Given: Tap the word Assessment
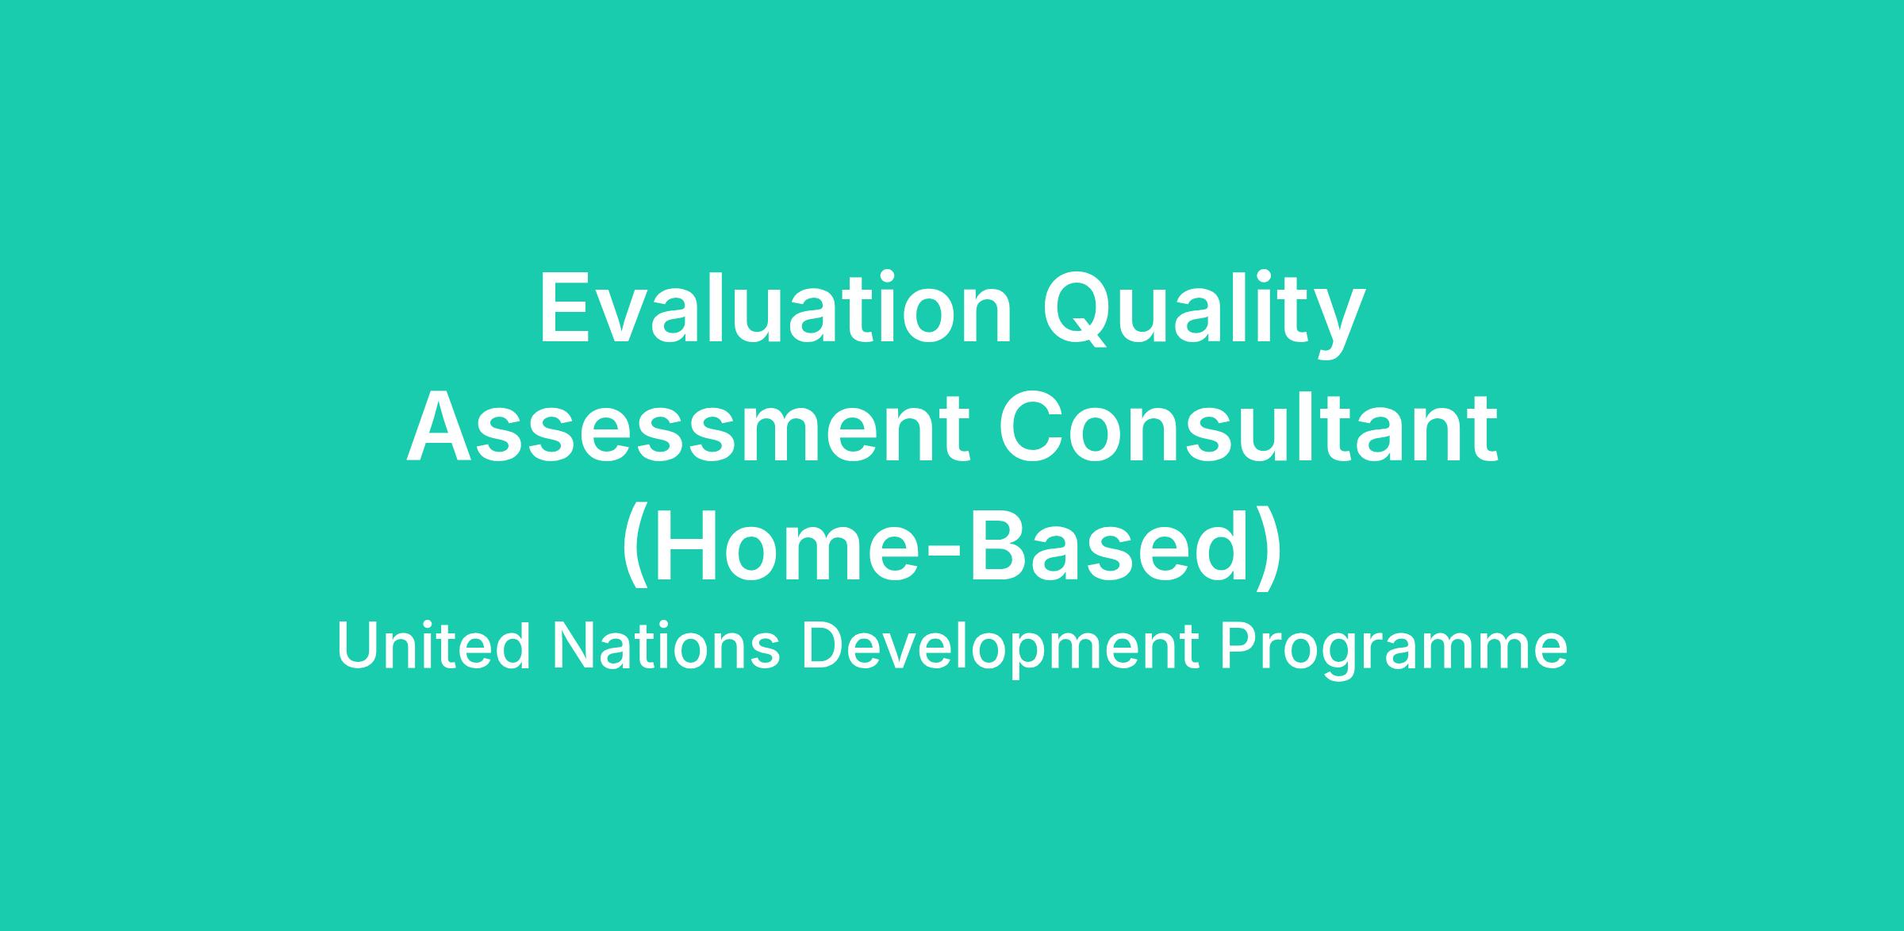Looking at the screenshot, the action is [689, 429].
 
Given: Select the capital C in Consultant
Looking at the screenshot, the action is [1031, 429].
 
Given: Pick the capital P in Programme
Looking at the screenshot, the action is [1238, 646].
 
